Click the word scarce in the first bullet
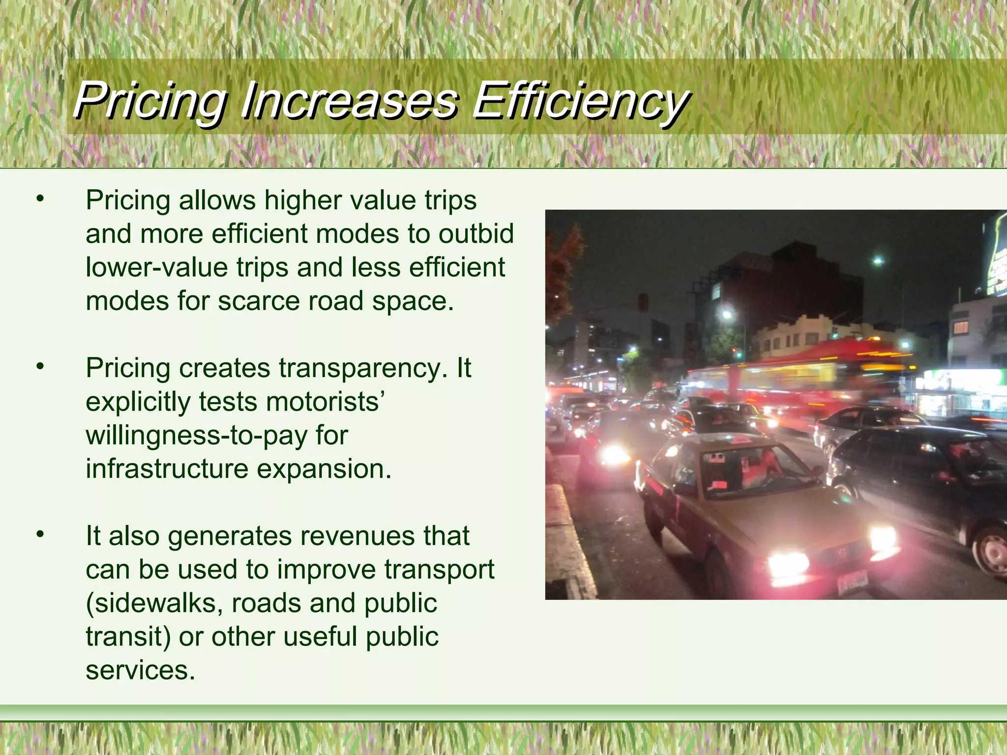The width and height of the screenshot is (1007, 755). tap(259, 301)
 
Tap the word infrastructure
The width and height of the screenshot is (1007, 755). tap(167, 468)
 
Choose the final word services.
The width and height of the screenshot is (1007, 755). tap(140, 670)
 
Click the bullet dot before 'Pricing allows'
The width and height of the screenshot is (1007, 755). tap(40, 200)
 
